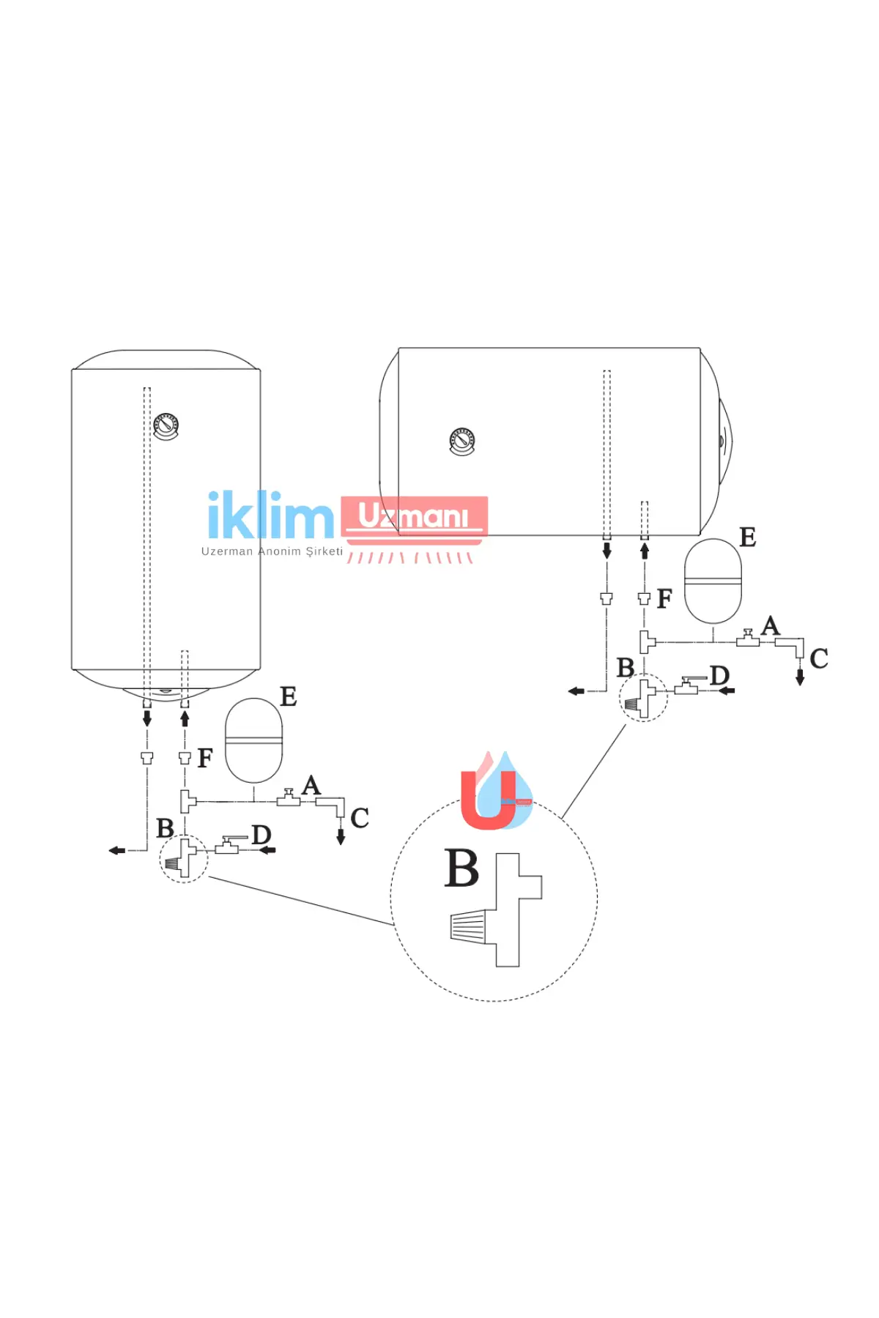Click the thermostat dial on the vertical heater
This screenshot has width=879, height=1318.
click(x=166, y=426)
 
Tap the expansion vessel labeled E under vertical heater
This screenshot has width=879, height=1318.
click(x=253, y=740)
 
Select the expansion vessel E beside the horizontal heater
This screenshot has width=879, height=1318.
click(x=713, y=581)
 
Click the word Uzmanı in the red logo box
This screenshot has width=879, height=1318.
click(x=413, y=516)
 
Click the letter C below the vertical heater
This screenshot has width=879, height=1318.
click(x=360, y=818)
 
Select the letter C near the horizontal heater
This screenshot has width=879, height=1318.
click(x=819, y=658)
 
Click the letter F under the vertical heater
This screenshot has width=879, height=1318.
click(x=205, y=757)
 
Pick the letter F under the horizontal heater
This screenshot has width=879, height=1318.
click(x=664, y=598)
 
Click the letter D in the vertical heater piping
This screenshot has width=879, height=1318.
click(x=262, y=834)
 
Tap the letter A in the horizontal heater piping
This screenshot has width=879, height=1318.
click(x=771, y=626)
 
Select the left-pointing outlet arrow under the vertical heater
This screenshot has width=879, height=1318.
click(x=117, y=850)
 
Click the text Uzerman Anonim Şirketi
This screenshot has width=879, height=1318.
click(x=272, y=551)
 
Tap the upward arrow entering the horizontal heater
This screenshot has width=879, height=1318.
click(x=645, y=551)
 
